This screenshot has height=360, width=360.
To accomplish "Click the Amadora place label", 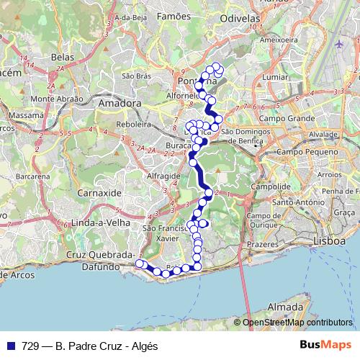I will (x=120, y=103).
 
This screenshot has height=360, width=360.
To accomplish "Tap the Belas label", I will (x=63, y=55).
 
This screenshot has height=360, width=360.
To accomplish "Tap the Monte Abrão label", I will (x=53, y=99).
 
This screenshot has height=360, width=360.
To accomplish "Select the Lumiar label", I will (x=276, y=76).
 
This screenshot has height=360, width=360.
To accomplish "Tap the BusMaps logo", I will (x=325, y=345).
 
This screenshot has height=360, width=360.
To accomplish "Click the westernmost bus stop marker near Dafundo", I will (x=140, y=264).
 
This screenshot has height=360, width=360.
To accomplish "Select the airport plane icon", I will (x=338, y=45).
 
